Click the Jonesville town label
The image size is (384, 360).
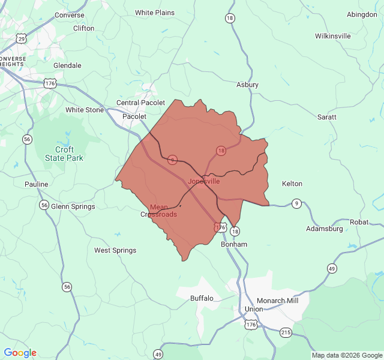click(x=204, y=181)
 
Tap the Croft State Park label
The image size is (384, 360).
click(x=64, y=154)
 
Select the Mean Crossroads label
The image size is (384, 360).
click(x=159, y=211)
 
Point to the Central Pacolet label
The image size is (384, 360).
click(x=140, y=103)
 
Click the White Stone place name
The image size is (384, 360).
click(x=85, y=110)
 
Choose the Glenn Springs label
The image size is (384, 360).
click(x=73, y=206)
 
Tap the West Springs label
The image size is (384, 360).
click(x=115, y=250)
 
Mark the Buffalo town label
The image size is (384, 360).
click(x=202, y=298)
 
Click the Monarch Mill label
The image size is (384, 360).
click(x=277, y=300)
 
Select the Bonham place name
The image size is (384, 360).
click(x=234, y=245)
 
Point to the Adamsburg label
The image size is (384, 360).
click(x=324, y=229)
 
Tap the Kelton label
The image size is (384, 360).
click(x=292, y=184)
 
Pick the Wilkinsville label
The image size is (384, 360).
click(x=332, y=36)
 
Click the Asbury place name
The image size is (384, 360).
click(x=247, y=85)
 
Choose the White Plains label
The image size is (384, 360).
click(x=155, y=13)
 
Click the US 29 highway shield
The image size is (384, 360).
click(x=22, y=39)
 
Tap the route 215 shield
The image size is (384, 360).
click(x=286, y=332)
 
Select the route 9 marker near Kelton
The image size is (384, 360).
click(x=296, y=204)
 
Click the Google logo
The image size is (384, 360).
click(x=20, y=353)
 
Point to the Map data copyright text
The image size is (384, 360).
click(x=346, y=355)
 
